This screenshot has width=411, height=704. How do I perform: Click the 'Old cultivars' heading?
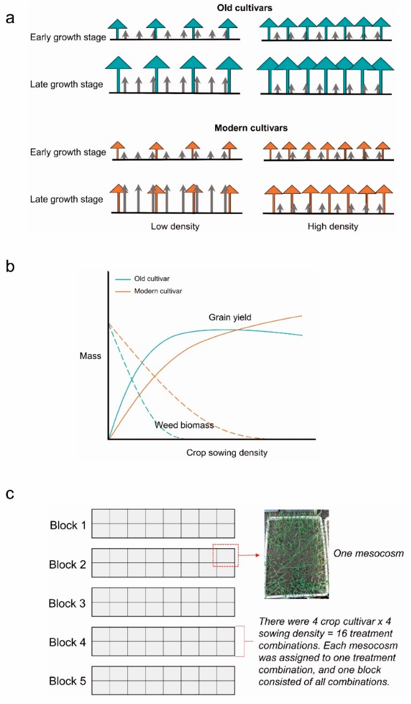pyautogui.click(x=244, y=8)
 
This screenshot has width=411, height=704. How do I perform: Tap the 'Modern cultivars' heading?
pyautogui.click(x=251, y=128)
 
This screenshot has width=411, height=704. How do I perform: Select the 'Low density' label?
pyautogui.click(x=175, y=226)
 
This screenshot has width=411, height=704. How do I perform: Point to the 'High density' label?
pyautogui.click(x=333, y=226)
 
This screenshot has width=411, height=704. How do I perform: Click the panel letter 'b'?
pyautogui.click(x=10, y=266)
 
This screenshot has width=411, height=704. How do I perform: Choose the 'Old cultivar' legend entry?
pyautogui.click(x=152, y=279)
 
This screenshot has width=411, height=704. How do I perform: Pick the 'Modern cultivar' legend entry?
pyautogui.click(x=158, y=291)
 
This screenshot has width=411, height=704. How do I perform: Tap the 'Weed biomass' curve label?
pyautogui.click(x=184, y=425)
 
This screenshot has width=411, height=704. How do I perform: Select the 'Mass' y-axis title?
pyautogui.click(x=90, y=356)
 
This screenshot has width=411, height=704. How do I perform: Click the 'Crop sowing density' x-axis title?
pyautogui.click(x=227, y=453)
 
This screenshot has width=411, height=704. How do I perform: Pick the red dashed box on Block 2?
pyautogui.click(x=225, y=555)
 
